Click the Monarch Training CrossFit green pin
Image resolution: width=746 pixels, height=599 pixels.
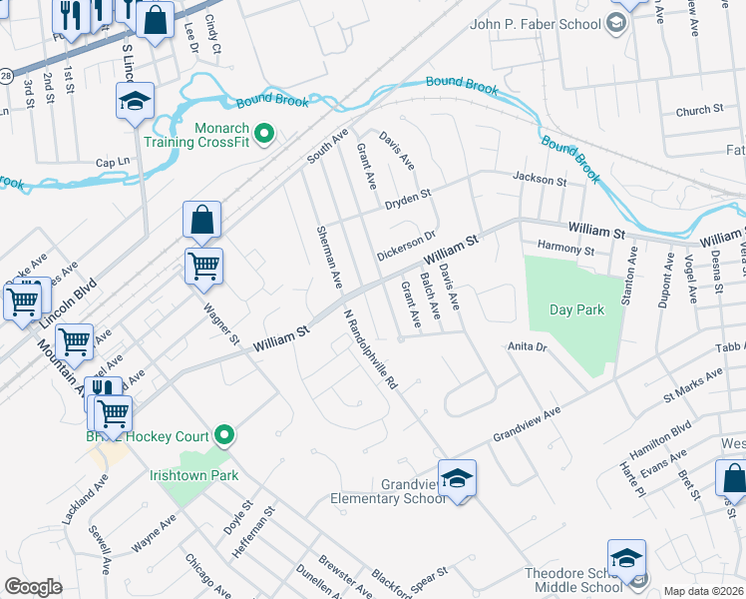264,132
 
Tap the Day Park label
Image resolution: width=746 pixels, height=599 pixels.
576,310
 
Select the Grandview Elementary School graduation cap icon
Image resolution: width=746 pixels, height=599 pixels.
457,478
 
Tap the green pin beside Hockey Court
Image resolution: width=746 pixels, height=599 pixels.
224,434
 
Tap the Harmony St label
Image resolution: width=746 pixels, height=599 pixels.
564,248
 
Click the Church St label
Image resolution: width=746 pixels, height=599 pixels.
698,111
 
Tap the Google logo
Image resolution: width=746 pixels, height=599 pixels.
33,587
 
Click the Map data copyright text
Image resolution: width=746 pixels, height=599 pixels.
702,591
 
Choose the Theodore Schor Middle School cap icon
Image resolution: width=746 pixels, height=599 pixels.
626,558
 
